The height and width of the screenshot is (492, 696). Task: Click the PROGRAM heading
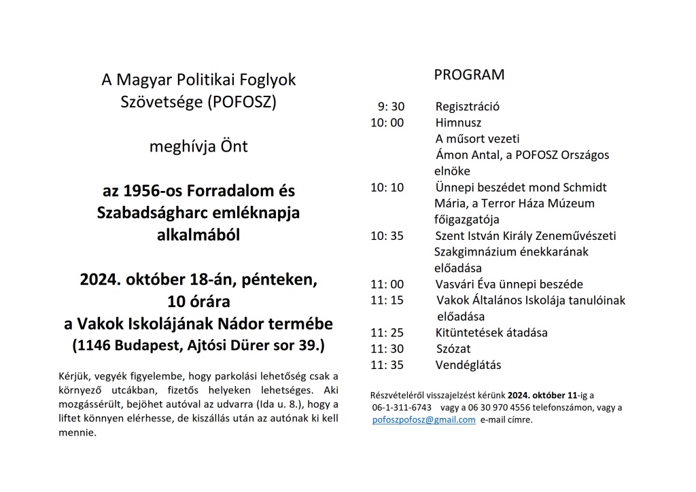470,75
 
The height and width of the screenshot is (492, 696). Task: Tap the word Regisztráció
468,107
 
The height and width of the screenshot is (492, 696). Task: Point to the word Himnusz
458,122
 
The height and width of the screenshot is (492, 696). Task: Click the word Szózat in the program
454,349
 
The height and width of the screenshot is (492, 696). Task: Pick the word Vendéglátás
468,365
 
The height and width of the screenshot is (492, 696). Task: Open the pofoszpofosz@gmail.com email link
424,420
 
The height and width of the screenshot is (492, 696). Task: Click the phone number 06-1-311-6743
402,408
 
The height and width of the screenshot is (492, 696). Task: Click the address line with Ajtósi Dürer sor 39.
198,345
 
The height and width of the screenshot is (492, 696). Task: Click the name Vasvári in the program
457,285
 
